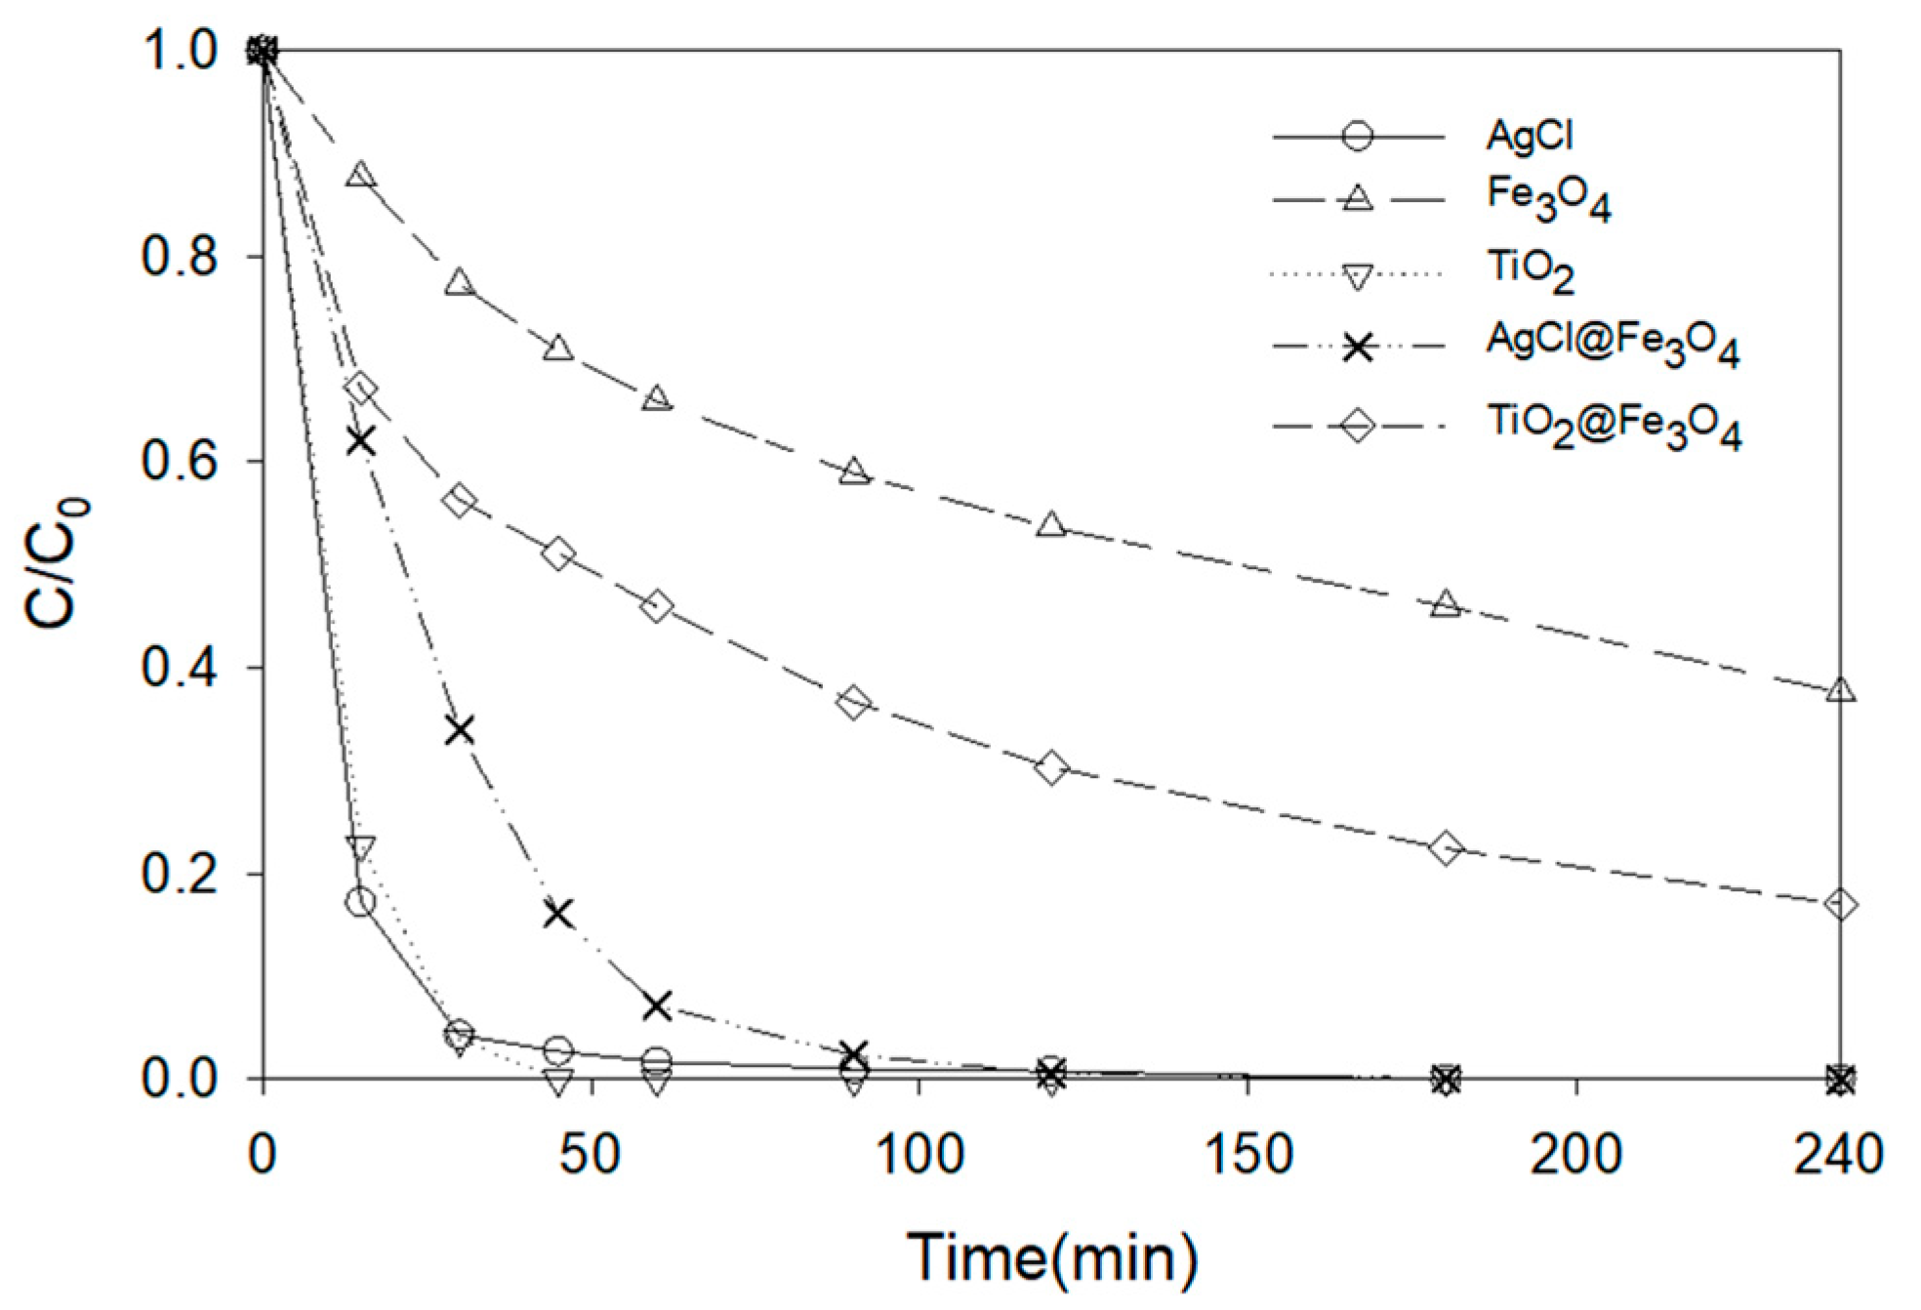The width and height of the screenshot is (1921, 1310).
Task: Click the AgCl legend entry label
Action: [x=1529, y=136]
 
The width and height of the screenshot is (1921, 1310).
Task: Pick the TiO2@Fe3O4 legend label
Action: [x=1614, y=427]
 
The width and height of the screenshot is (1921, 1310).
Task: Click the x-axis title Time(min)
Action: [x=1052, y=1256]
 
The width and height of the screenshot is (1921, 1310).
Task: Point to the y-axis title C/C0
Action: [x=57, y=563]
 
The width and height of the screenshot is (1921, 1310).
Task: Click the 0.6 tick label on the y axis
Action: [x=179, y=461]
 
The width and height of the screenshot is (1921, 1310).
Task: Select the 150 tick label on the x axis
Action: [x=1248, y=1154]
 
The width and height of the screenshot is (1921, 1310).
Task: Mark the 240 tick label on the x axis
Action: [x=1838, y=1154]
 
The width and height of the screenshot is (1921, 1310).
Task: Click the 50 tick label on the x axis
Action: [x=590, y=1154]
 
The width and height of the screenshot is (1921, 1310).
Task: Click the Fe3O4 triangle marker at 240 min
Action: [x=1840, y=690]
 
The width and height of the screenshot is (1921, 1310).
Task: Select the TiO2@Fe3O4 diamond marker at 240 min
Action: [x=1840, y=905]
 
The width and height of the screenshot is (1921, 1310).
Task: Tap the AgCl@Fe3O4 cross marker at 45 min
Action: [x=558, y=915]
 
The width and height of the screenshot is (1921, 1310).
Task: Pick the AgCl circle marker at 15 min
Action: [x=360, y=901]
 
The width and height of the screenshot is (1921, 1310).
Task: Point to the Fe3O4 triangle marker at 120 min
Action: [x=1051, y=525]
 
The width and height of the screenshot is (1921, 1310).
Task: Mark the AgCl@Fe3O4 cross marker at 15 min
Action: [x=360, y=441]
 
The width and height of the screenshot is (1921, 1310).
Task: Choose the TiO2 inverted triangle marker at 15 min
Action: [x=360, y=847]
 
